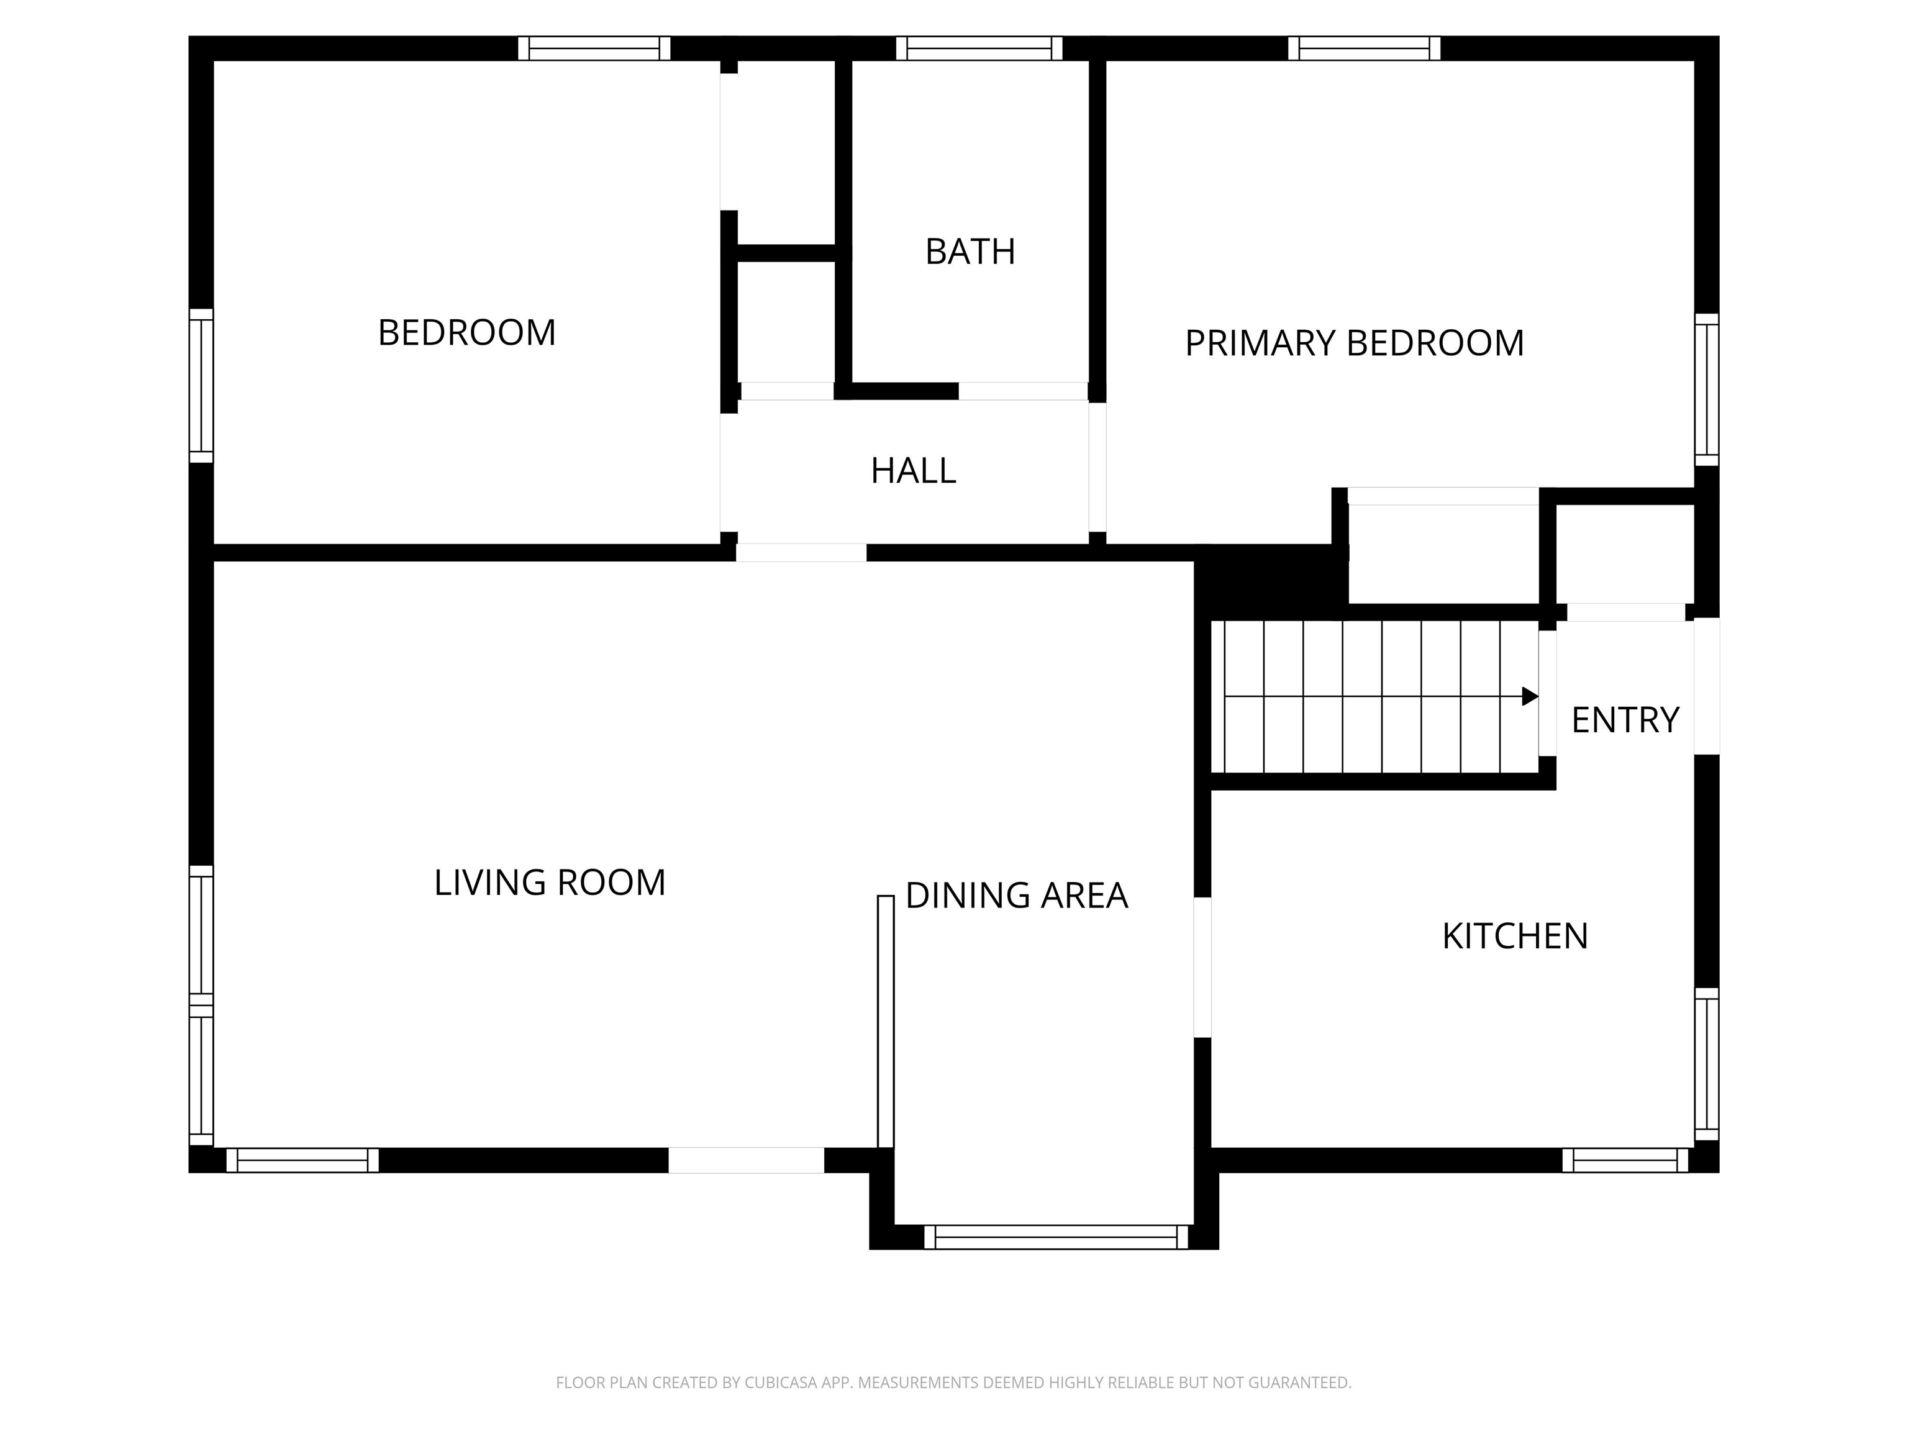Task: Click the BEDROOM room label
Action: (466, 333)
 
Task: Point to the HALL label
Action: (914, 471)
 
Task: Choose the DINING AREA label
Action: (1017, 896)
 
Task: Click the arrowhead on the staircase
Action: (1530, 696)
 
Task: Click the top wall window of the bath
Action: (979, 48)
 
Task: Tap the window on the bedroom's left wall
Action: (201, 386)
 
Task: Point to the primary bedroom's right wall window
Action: (1707, 390)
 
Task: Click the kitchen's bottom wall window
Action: (1625, 1160)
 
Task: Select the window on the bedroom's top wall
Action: (594, 48)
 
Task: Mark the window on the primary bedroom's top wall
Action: (1365, 48)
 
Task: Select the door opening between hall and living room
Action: (801, 553)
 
